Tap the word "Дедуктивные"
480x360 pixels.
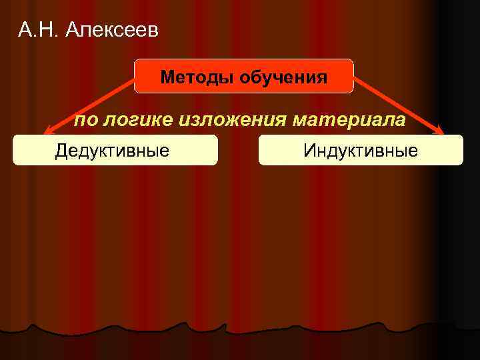pos(112,150)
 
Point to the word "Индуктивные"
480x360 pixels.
pos(361,150)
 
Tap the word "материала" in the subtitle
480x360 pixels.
pos(347,120)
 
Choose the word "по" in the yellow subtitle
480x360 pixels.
pos(85,120)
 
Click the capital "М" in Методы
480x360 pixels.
pos(167,78)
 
